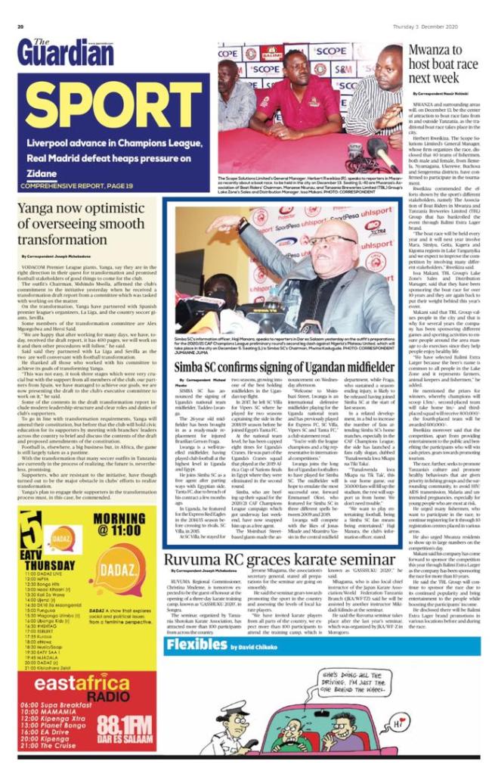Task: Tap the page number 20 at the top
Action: point(20,27)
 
